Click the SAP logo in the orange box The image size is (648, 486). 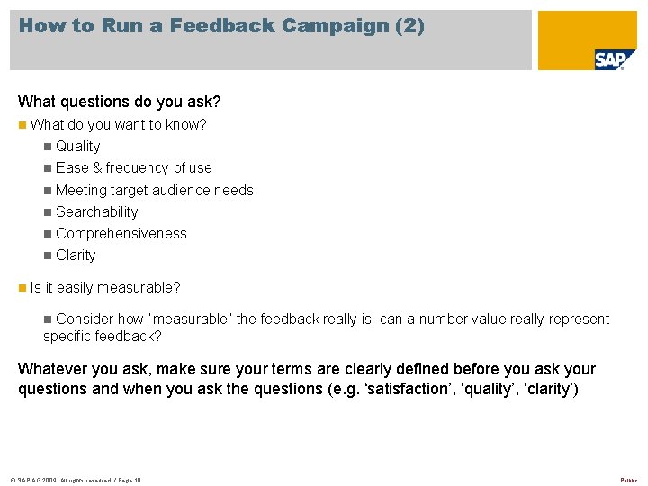[x=614, y=60]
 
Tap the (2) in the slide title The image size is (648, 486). [x=409, y=26]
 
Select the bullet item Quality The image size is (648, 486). [x=78, y=146]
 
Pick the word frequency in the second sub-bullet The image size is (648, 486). [x=138, y=167]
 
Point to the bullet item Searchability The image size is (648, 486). [x=97, y=211]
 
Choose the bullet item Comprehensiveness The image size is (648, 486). [x=121, y=233]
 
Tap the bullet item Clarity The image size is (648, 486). [x=76, y=255]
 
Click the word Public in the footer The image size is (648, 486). [x=628, y=481]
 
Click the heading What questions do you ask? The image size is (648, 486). [x=120, y=102]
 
